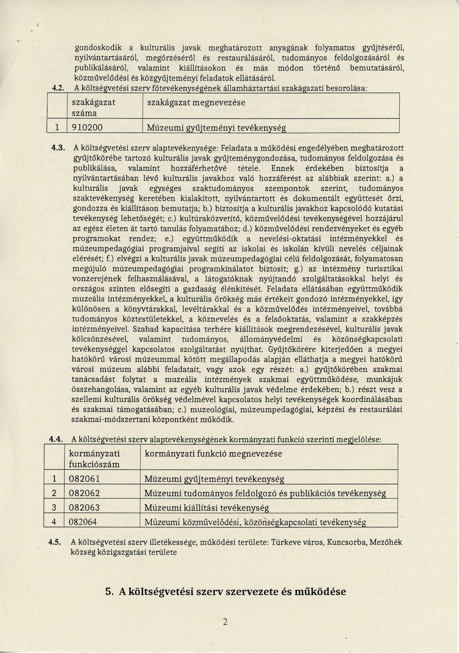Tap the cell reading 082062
(85, 493)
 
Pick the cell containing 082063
(85, 507)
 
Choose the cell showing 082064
(83, 522)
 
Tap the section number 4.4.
(56, 439)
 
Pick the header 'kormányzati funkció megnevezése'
(213, 454)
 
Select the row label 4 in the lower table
(54, 522)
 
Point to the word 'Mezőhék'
(386, 542)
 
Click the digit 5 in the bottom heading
(109, 592)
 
